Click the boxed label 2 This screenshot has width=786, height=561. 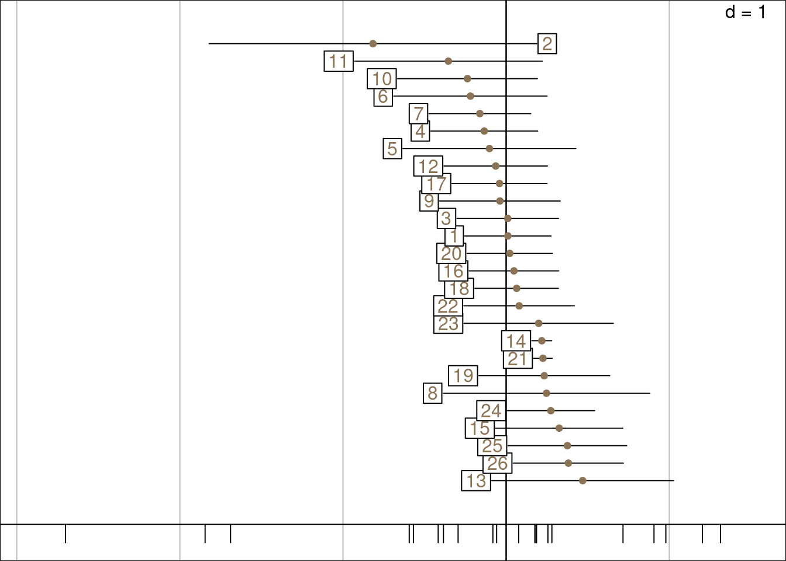[547, 44]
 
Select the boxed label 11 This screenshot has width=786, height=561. [339, 61]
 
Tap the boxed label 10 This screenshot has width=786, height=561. [382, 79]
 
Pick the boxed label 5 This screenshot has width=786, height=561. [392, 148]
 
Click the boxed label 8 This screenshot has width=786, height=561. [432, 393]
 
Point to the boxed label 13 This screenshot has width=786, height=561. [476, 481]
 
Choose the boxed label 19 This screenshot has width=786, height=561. [463, 376]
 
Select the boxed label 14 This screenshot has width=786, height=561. [516, 341]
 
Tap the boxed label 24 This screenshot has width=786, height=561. [491, 411]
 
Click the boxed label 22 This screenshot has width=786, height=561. [448, 306]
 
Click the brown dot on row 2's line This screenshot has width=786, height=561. [373, 44]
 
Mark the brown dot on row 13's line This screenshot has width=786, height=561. [582, 480]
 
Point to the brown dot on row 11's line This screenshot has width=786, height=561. [449, 61]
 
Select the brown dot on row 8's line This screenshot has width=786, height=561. [546, 393]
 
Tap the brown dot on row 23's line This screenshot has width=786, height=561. [539, 323]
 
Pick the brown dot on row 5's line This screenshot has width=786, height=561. [489, 148]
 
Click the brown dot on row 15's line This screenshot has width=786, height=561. [559, 428]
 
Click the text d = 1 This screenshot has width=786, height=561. [745, 12]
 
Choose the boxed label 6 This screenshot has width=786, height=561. [383, 97]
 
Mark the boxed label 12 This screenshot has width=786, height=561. [428, 167]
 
